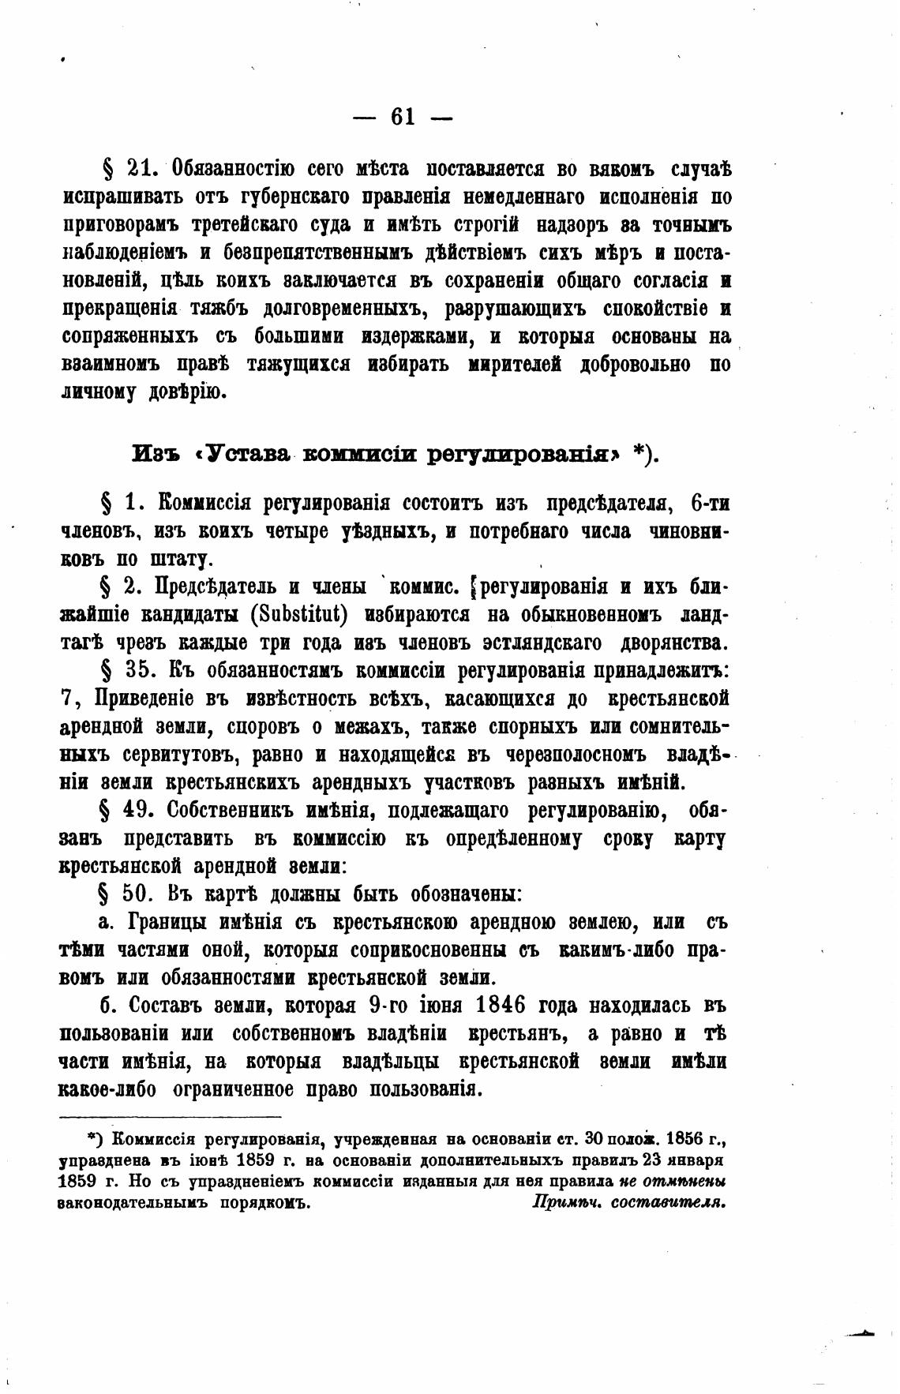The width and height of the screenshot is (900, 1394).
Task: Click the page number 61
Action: coord(403,117)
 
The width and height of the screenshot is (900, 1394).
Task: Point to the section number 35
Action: coord(143,671)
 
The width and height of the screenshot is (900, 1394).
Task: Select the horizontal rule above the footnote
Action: coord(171,1117)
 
